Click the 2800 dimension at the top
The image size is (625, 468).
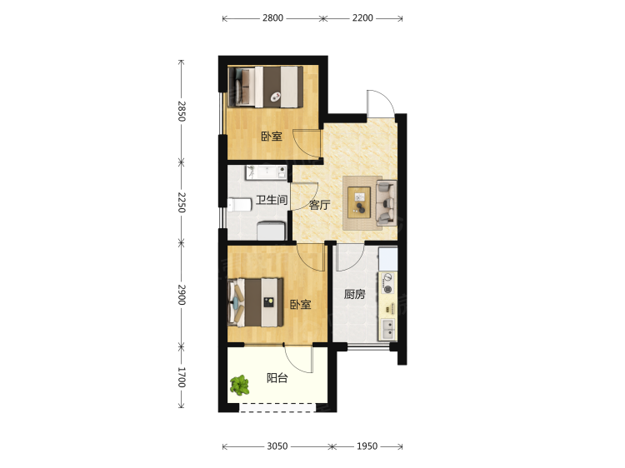coord(272,18)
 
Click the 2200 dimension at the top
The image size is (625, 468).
coord(362,18)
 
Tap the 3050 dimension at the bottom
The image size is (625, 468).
coord(277,446)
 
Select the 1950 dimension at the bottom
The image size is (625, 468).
coord(367,446)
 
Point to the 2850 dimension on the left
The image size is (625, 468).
coord(182,111)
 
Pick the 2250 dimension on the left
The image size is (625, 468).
coord(182,202)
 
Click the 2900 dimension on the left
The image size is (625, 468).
coord(182,295)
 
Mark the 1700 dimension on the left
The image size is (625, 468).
coord(182,377)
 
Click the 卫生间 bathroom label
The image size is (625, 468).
coord(272,200)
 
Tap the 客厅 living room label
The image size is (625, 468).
coord(320,205)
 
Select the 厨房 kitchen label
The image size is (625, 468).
coord(355,294)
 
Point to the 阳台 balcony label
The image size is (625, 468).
coord(277,377)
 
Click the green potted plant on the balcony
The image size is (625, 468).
coord(239,386)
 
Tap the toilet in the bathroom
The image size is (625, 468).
coord(239,205)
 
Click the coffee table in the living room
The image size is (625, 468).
coord(359,202)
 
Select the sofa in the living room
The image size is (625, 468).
coord(386,202)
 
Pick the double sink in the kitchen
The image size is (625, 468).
coord(387,329)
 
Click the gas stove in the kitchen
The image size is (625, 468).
coord(387,283)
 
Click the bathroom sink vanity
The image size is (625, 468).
coord(267,172)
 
